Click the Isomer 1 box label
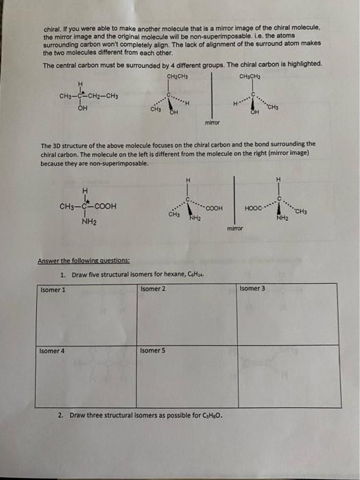point(51,289)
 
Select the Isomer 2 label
point(152,289)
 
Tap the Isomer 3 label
point(252,289)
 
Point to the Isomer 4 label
point(51,350)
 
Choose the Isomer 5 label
point(152,350)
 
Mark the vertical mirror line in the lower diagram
point(235,199)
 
